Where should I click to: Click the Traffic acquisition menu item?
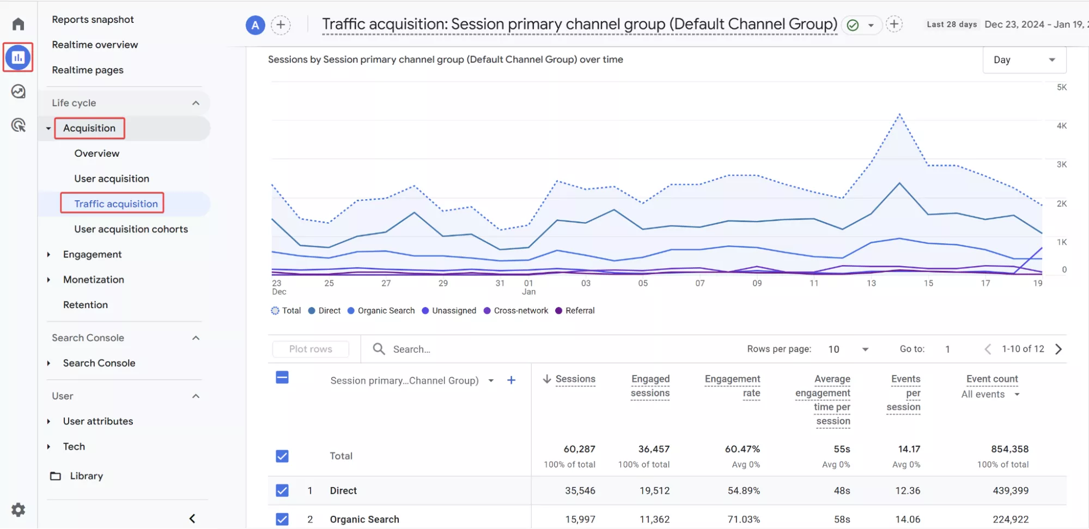coord(116,204)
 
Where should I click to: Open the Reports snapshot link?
coord(93,20)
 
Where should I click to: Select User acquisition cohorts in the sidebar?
coord(131,229)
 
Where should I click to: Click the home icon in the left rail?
coord(19,24)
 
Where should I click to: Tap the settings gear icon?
coord(19,509)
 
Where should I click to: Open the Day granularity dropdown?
coord(1024,60)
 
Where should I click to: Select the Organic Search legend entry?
coord(381,311)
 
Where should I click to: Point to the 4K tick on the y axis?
coord(1061,126)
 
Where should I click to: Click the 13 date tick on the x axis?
coord(871,283)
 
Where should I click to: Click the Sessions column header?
coord(575,379)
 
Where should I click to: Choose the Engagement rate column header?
coord(732,386)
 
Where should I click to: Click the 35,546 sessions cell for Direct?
coord(580,490)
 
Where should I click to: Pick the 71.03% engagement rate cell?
coord(744,519)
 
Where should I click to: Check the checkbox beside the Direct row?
coord(282,490)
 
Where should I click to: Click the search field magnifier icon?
coord(379,349)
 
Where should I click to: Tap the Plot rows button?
coord(311,349)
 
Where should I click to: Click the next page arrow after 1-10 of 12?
coord(1058,349)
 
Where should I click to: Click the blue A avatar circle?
coord(255,25)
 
